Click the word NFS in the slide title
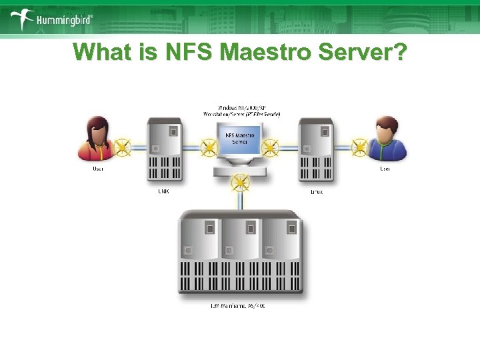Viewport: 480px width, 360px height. click(146, 53)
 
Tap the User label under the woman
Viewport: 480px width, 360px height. click(98, 169)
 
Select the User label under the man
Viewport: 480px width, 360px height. click(385, 169)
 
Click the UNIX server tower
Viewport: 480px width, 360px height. click(163, 150)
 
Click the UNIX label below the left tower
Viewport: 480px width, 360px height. click(163, 192)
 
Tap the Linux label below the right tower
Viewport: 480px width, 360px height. click(317, 192)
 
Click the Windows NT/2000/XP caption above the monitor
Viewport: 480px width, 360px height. click(241, 111)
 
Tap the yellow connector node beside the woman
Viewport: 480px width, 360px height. click(123, 146)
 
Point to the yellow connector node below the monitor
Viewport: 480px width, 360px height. click(240, 181)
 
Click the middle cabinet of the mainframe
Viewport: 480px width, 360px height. click(240, 253)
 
